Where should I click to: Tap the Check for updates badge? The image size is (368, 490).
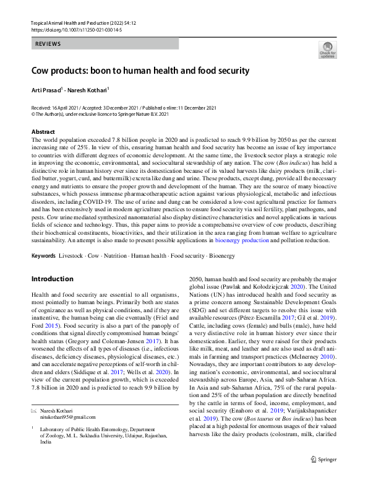pos(328,50)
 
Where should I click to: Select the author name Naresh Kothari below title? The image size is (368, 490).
pos(88,90)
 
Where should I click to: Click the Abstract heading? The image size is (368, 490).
pos(43,132)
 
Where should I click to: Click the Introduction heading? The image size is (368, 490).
pos(53,279)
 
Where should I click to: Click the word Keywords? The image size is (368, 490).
pos(43,255)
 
